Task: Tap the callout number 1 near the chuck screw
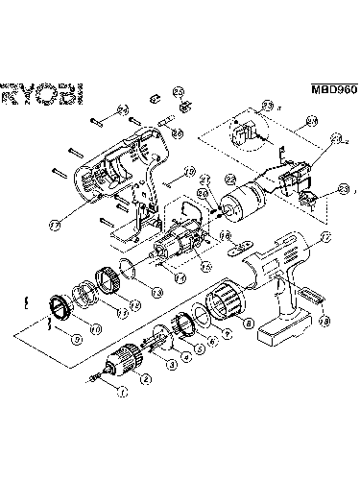(120, 392)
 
